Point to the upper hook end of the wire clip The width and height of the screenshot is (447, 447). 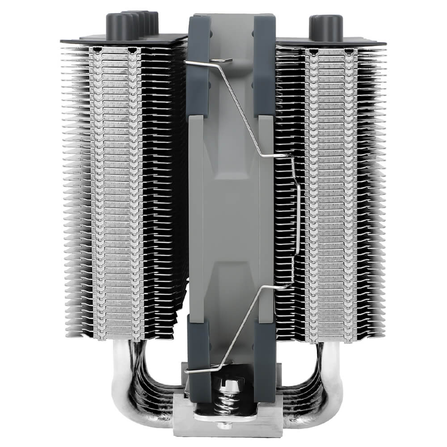point(223,61)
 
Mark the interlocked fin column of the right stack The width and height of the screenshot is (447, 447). point(331,192)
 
